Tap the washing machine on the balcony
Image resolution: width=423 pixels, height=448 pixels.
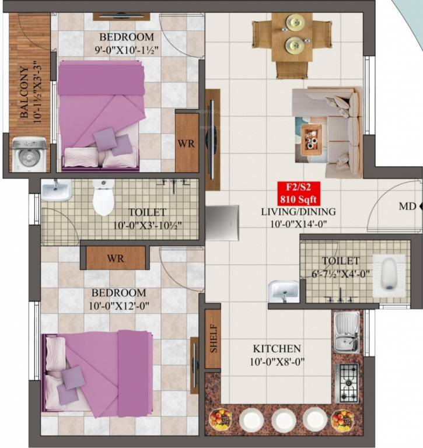coord(29,154)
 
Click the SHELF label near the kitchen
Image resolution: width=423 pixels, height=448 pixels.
coord(213,339)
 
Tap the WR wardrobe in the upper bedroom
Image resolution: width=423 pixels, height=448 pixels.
coord(187,143)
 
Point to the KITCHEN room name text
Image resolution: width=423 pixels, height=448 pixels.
coord(277,348)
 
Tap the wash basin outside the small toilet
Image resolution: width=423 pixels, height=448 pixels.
coord(284,290)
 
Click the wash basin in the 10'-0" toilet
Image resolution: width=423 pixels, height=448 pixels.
coord(56,190)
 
